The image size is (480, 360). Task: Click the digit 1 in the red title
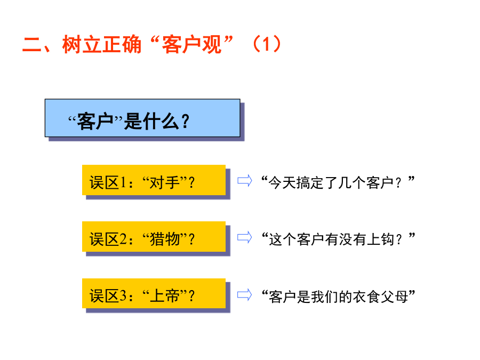coord(266,44)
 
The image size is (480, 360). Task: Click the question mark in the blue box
coord(185,121)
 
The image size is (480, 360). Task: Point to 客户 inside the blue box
coord(95,121)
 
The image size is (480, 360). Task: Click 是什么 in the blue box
coord(151,121)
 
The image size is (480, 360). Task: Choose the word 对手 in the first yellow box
coord(164,183)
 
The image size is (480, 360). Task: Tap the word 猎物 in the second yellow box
coord(164,239)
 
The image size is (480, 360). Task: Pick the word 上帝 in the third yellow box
coord(164,296)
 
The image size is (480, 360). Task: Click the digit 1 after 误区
coord(123,183)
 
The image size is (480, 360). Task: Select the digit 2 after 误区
coord(123,239)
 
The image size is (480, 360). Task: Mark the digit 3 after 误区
coord(123,296)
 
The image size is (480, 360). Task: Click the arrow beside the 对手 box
coord(245,180)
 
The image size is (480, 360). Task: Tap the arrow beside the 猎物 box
coord(245,237)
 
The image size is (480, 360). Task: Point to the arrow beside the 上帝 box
coord(245,295)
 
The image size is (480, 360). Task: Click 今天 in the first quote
coord(282,183)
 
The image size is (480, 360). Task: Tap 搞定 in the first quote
coord(310,183)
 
